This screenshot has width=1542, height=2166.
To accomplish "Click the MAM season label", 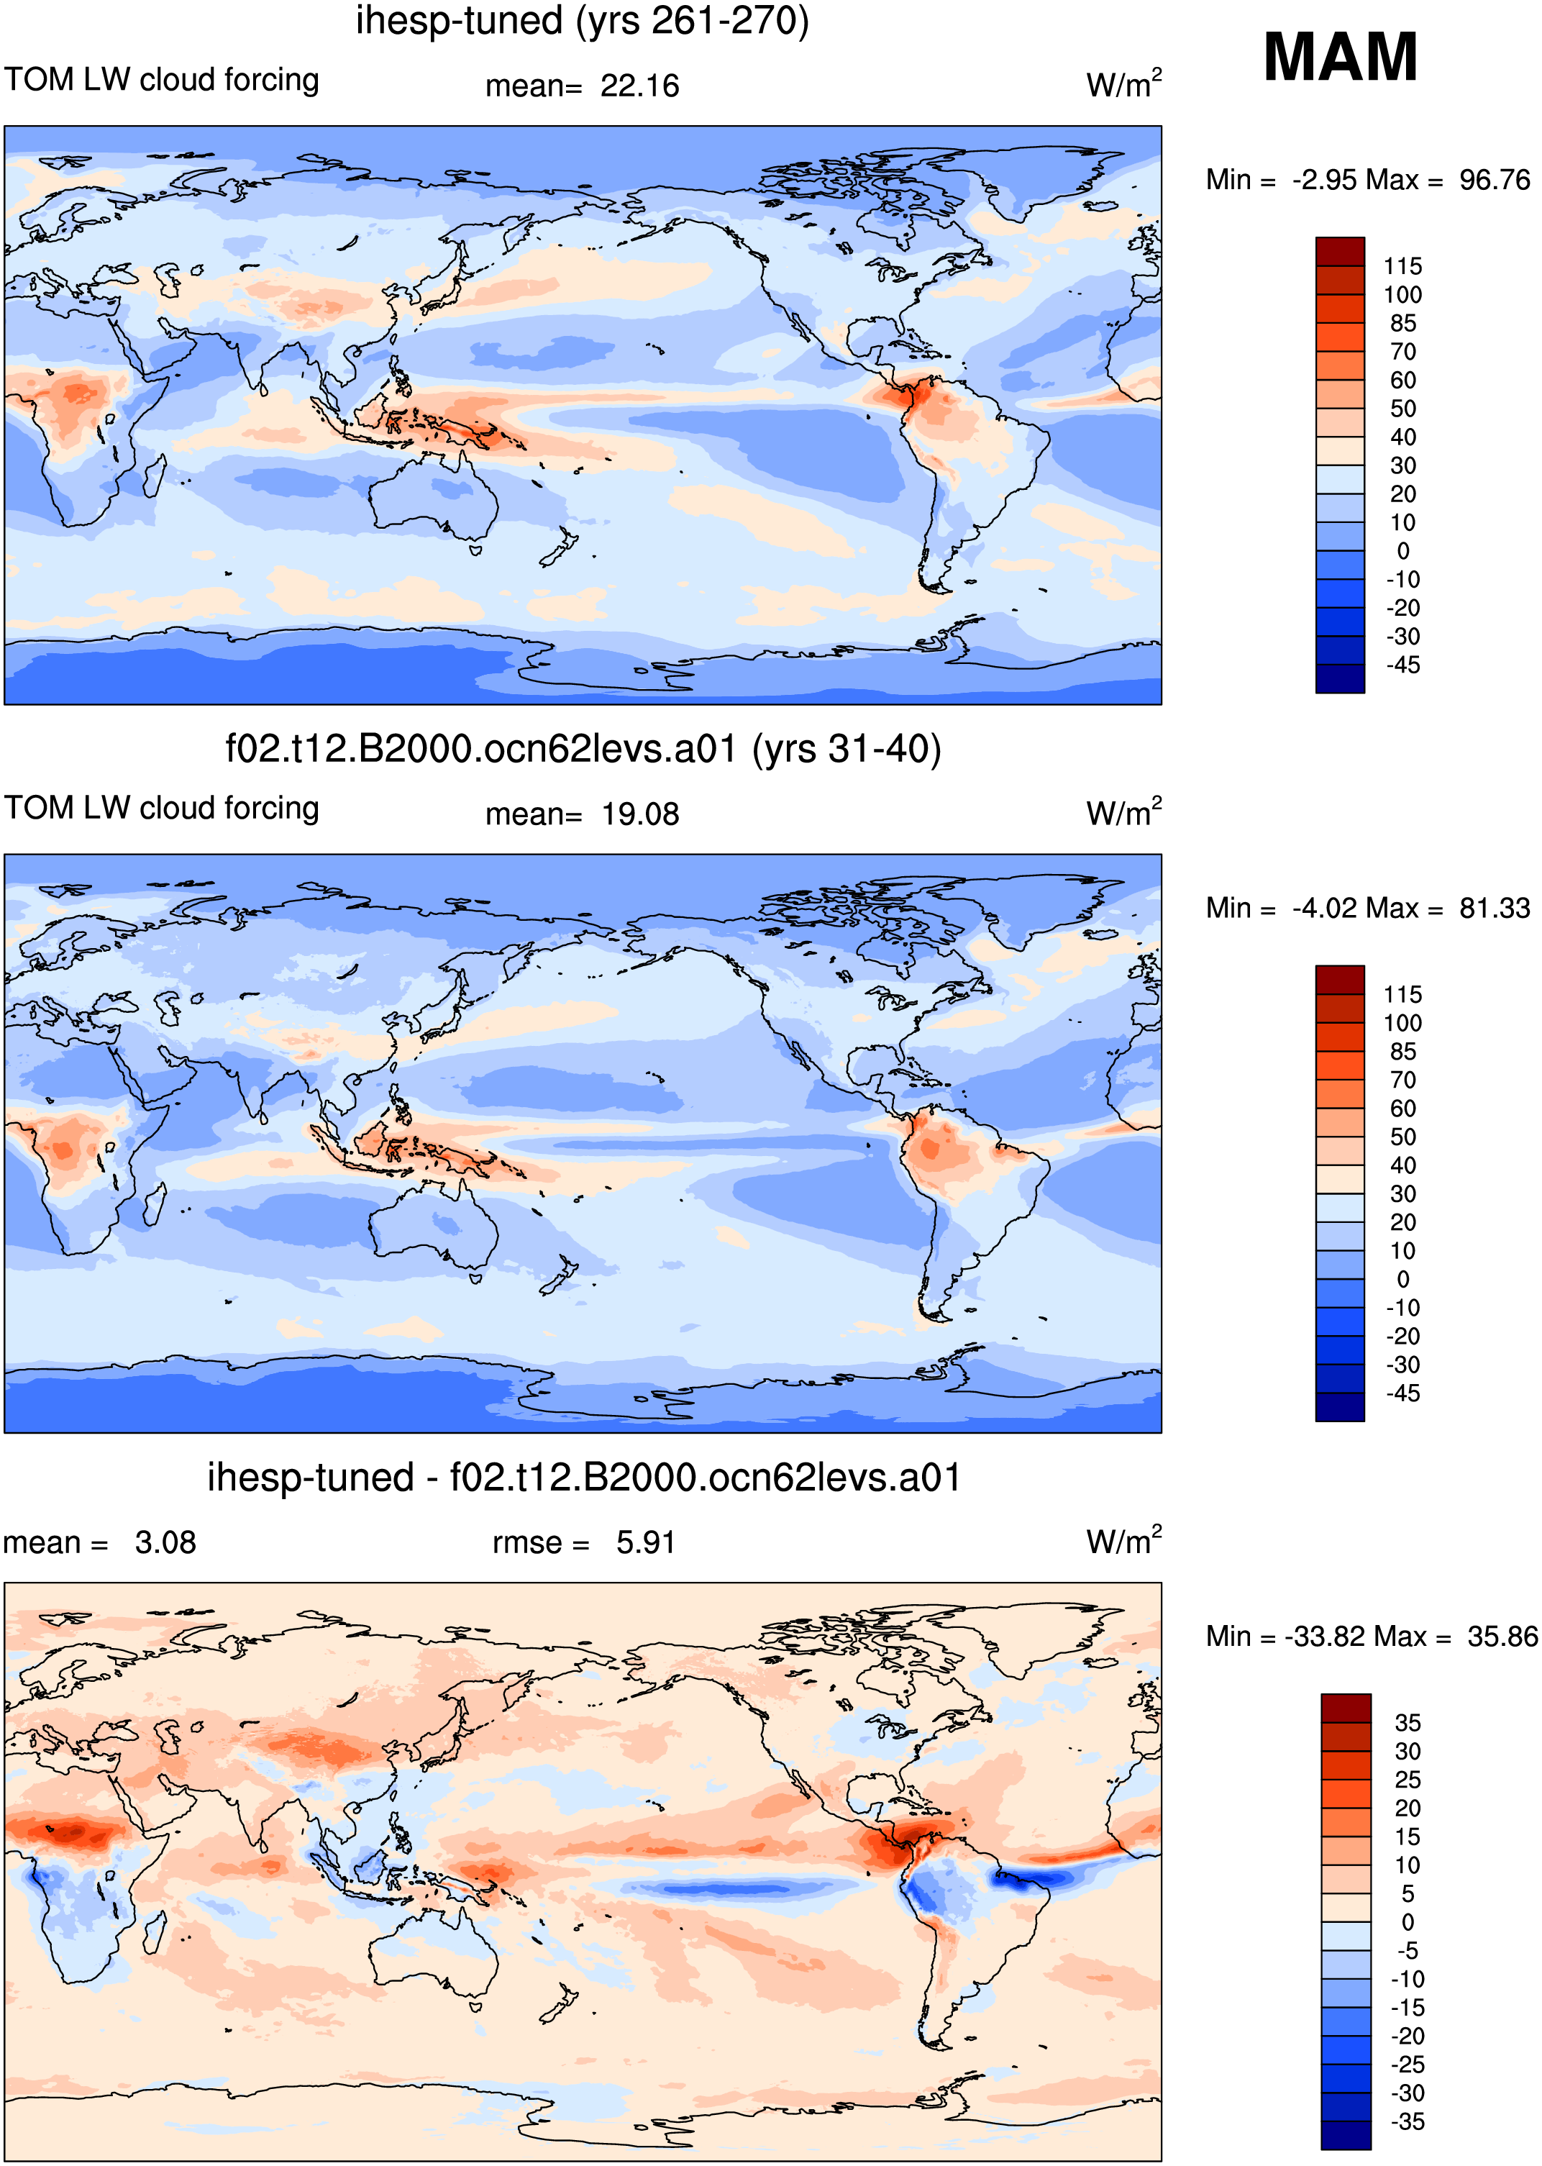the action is coord(1340,57).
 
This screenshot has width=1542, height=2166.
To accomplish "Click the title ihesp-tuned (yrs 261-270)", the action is coord(582,21).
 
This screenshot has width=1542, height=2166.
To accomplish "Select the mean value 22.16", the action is coord(640,86).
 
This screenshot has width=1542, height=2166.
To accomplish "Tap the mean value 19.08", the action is coord(640,815).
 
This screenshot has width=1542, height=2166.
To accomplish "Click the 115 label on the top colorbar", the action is coord(1402,267).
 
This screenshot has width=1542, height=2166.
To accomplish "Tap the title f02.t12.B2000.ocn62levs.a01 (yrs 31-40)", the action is coord(583,750).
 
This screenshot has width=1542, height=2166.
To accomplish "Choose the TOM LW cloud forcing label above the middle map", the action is coord(161,808).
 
